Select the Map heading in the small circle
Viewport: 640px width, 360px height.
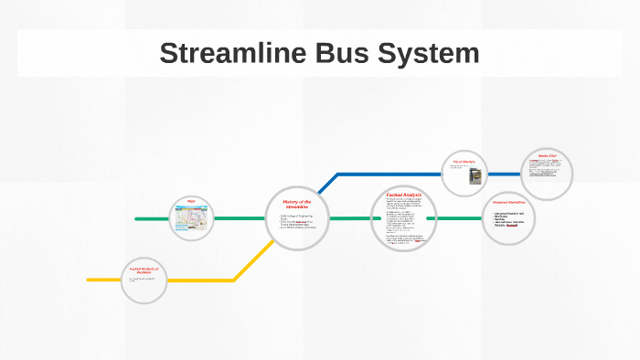(192, 201)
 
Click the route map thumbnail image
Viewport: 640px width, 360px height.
(192, 220)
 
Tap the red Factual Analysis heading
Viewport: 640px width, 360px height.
(402, 195)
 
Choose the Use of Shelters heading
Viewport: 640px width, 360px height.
(464, 162)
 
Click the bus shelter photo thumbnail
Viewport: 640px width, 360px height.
(475, 177)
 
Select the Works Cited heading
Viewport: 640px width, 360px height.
(548, 156)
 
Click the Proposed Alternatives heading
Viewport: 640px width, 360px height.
(509, 202)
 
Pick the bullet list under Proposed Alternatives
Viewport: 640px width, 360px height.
(510, 220)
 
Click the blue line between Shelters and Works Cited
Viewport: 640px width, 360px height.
(504, 174)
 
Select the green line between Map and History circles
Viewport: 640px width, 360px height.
(240, 219)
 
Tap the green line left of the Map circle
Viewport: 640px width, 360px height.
(153, 219)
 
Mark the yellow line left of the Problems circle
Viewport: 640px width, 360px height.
(103, 280)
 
